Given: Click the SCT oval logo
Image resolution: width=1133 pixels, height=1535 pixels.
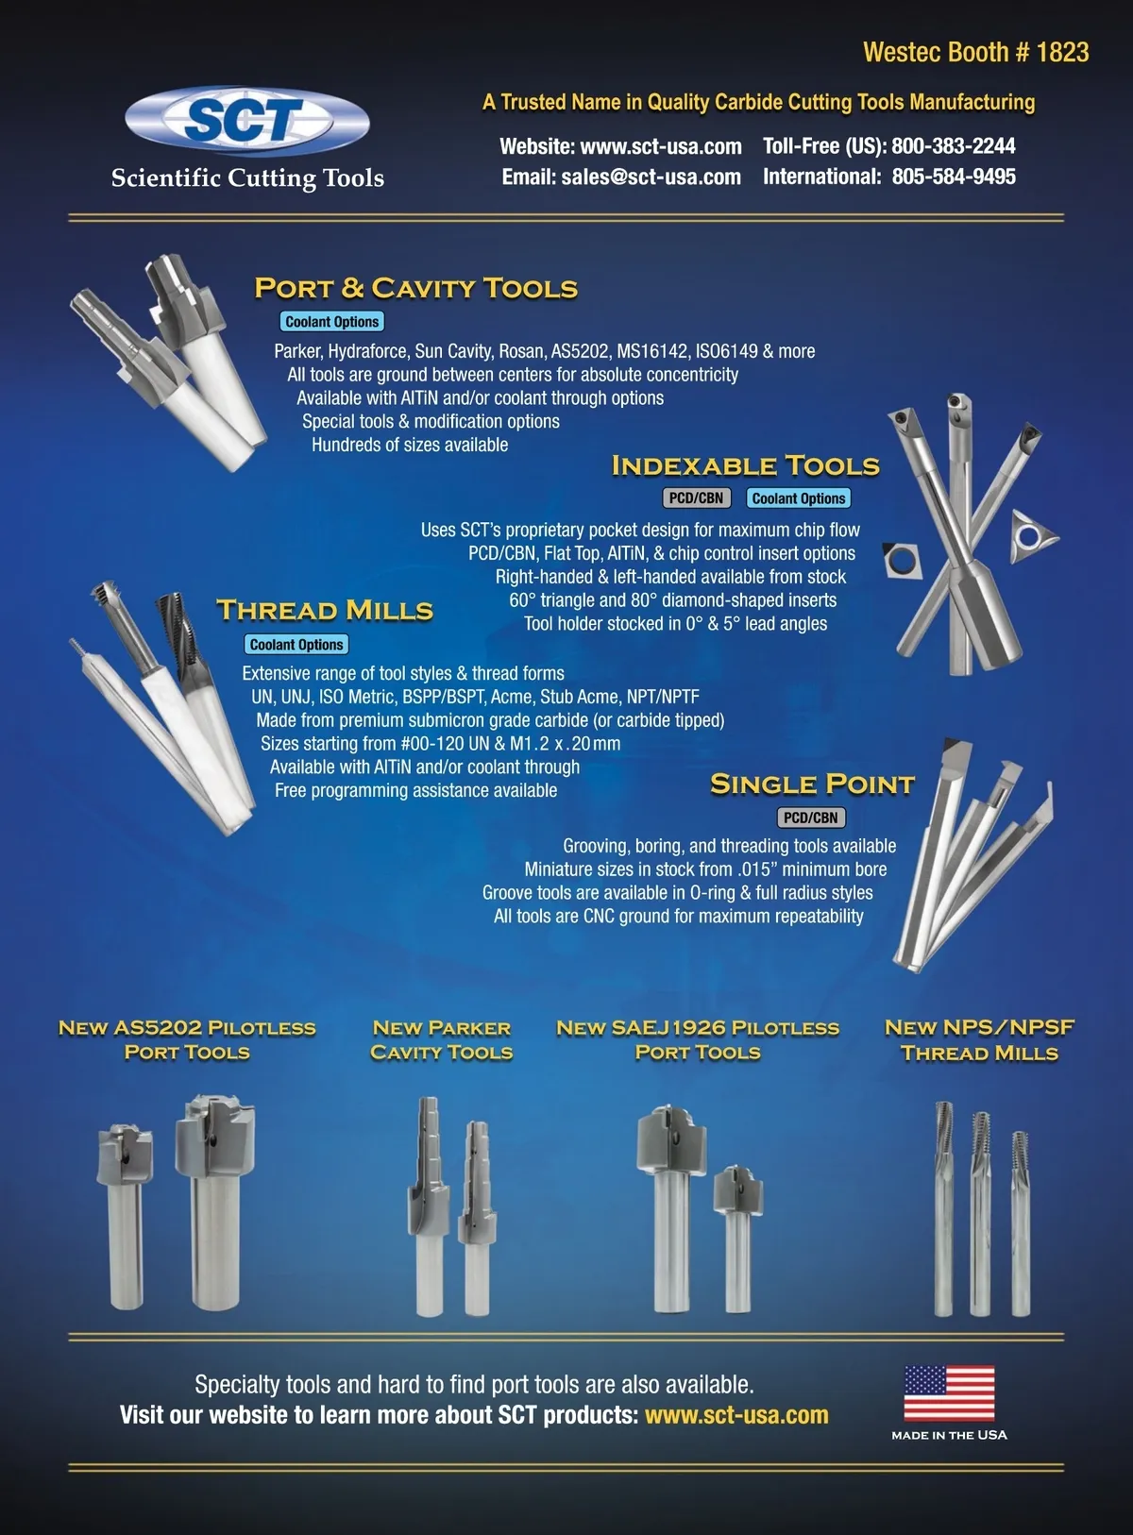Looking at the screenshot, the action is tap(247, 121).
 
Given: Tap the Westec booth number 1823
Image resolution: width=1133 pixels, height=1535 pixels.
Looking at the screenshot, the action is tap(1062, 53).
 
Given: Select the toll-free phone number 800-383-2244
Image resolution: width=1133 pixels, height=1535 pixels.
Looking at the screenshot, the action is tap(953, 146).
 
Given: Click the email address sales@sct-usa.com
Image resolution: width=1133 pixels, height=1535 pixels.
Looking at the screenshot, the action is tap(651, 177).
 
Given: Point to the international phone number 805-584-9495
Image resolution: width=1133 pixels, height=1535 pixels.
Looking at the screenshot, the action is tap(954, 177).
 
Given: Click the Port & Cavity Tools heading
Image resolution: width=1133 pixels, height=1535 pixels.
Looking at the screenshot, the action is tap(416, 288).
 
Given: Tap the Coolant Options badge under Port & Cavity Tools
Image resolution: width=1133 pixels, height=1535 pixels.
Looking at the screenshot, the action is tap(331, 322).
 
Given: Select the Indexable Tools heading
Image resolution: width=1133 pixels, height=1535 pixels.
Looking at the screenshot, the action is tap(745, 465).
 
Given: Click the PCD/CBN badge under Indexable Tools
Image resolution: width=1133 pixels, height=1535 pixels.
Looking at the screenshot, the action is tap(696, 498).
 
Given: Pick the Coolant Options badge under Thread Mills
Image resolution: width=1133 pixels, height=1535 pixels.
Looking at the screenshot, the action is tap(296, 645).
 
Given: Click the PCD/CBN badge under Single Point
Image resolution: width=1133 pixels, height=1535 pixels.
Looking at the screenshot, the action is tap(810, 818).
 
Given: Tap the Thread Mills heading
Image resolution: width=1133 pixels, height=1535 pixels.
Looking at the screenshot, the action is tap(325, 610).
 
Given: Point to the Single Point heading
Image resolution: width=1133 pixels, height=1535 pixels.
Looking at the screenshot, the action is tap(813, 784).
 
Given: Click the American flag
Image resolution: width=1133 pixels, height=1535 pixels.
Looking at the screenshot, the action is tap(950, 1393).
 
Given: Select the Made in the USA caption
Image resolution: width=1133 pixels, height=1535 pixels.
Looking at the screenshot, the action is tap(950, 1435).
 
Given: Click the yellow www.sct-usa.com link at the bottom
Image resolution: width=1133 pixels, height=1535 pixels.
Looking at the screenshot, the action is tap(736, 1415).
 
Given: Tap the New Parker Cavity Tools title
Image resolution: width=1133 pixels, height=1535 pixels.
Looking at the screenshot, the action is tap(442, 1040).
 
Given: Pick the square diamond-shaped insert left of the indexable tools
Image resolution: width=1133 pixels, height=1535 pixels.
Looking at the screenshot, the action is tap(901, 559).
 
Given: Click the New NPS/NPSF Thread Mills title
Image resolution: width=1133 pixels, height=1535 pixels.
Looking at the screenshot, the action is tap(979, 1040).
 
